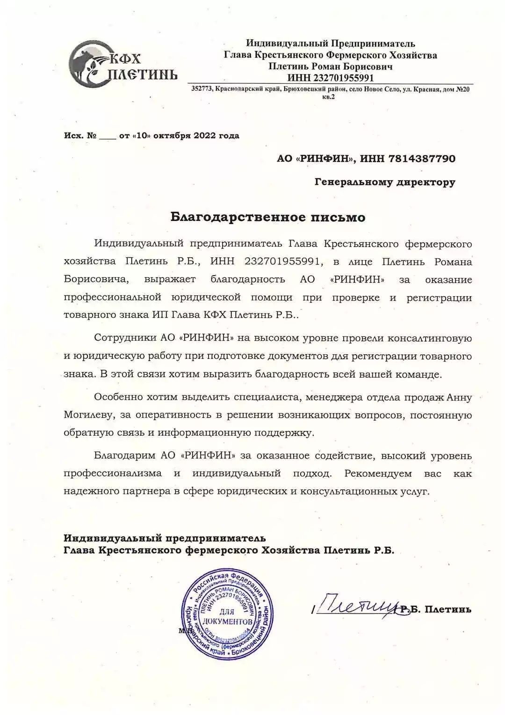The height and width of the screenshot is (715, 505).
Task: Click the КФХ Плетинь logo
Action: coord(123,65)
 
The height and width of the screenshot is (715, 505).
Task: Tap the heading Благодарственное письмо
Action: coord(267,217)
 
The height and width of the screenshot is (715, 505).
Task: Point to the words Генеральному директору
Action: coord(385,182)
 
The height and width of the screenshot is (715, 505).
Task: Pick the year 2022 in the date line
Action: coord(203,136)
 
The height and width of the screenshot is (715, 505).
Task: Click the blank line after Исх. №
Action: coord(107,137)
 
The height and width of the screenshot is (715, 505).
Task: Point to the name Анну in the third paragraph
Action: coord(459,397)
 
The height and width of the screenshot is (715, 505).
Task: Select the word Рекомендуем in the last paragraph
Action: coord(378,473)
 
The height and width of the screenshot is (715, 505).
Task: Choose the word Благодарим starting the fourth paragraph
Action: coord(123,455)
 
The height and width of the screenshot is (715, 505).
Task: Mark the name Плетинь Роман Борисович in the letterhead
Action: coord(330,66)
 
